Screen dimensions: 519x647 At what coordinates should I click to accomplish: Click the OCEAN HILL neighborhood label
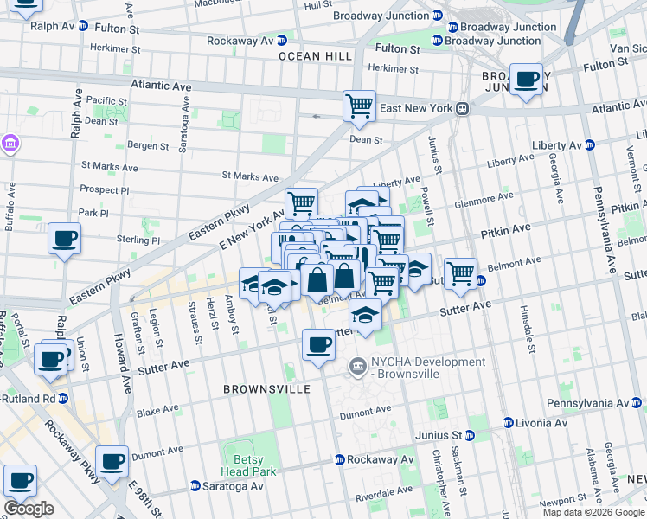click(315, 55)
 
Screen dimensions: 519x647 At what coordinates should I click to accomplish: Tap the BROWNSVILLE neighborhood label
click(266, 389)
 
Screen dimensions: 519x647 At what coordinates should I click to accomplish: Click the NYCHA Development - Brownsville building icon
click(357, 368)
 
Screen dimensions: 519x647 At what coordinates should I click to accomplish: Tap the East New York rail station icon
click(463, 108)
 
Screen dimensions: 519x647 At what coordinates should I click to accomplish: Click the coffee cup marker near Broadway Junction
click(526, 80)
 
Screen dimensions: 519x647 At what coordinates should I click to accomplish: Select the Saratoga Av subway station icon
click(195, 486)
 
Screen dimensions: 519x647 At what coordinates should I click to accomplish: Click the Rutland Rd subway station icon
click(63, 399)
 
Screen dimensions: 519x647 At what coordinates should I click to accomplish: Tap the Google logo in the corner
click(29, 508)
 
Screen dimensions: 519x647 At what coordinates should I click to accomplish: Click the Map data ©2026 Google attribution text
click(593, 512)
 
